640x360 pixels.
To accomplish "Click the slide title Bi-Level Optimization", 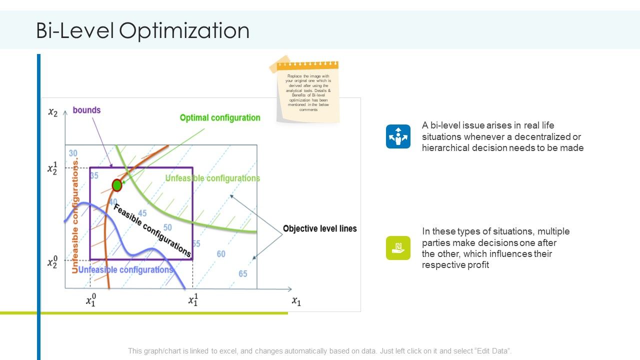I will coord(142,31).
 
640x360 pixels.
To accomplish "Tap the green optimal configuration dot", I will coord(117,185).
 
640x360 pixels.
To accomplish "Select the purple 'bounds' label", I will coord(86,110).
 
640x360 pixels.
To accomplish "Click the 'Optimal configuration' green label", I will coord(220,118).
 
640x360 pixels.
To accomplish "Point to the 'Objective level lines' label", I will coord(320,228).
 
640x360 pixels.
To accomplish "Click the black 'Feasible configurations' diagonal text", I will coord(152,230).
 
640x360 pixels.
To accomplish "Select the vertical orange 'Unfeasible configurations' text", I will coord(75,216).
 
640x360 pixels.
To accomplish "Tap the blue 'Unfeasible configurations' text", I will coord(125,270).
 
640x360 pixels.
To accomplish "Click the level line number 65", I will coord(243,273).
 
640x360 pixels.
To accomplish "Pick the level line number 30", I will coord(73,153).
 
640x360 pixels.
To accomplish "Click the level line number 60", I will coord(221,254).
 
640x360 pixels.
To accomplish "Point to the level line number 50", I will coord(167,227).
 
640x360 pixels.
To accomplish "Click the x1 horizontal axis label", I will coord(296,301).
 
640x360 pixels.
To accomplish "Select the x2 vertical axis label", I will coord(52,112).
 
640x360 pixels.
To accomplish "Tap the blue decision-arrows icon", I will coord(398,136).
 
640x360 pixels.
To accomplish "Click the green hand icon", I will coord(398,247).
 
